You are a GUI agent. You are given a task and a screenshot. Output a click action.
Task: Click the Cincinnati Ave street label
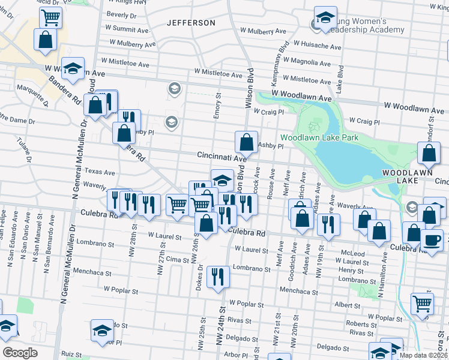221,155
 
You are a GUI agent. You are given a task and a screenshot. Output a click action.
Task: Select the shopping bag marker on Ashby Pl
246,143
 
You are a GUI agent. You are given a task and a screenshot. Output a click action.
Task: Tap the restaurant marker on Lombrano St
217,277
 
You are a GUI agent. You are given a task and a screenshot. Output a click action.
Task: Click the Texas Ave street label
99,172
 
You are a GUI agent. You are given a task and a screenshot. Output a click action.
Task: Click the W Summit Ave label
127,28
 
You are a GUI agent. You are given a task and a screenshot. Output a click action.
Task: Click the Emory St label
218,105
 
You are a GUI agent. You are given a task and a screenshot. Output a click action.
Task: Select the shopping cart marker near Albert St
423,305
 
